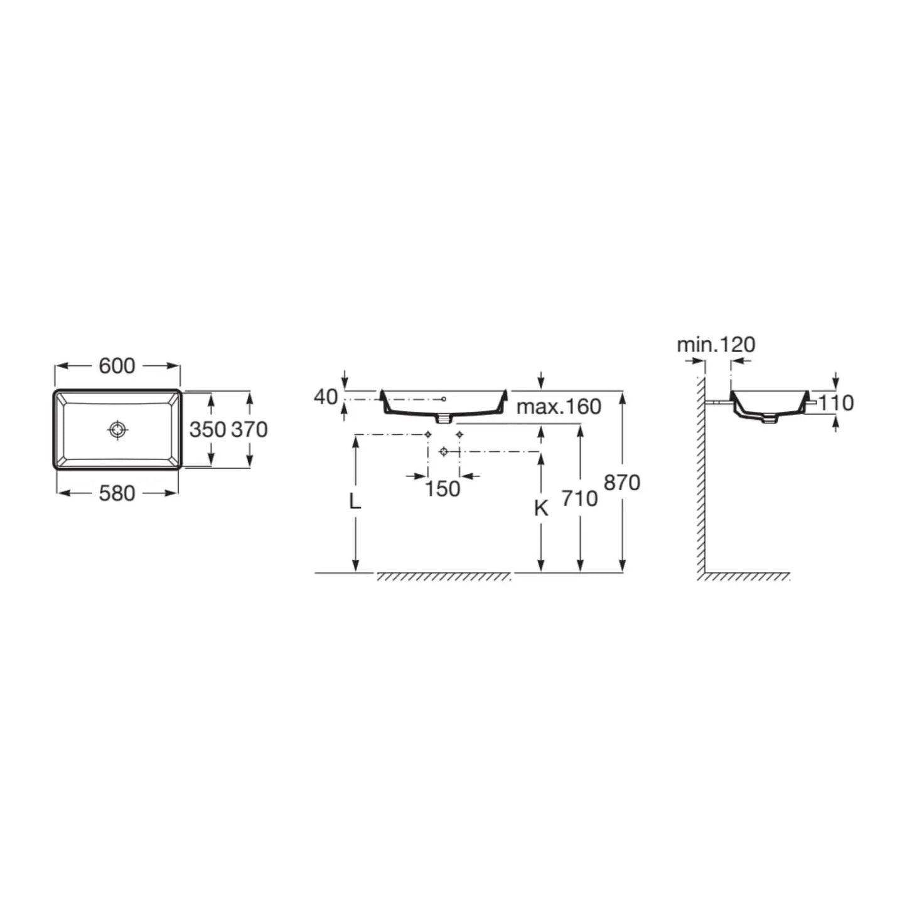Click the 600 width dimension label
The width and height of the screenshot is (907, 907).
point(117,366)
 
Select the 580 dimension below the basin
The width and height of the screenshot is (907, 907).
point(117,493)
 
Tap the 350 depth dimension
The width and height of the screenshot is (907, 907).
point(207,429)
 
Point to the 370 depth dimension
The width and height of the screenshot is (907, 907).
point(250,429)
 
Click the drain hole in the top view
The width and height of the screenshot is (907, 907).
point(117,429)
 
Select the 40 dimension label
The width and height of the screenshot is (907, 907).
point(326,397)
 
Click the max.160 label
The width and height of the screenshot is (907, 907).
point(559,407)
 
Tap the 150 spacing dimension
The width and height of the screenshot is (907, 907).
point(443,488)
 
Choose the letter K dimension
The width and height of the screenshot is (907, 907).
point(541,508)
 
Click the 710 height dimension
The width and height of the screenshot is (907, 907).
point(579,498)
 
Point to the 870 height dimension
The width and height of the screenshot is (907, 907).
point(621,483)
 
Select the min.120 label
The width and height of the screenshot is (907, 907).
point(716,345)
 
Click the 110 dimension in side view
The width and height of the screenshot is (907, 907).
point(836,403)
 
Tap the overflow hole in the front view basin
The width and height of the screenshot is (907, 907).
point(444,399)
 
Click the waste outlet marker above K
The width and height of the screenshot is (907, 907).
point(444,451)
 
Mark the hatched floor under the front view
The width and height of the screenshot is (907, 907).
point(443,577)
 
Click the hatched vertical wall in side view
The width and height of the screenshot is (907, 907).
point(700,477)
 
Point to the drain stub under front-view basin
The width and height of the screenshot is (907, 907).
point(444,417)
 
